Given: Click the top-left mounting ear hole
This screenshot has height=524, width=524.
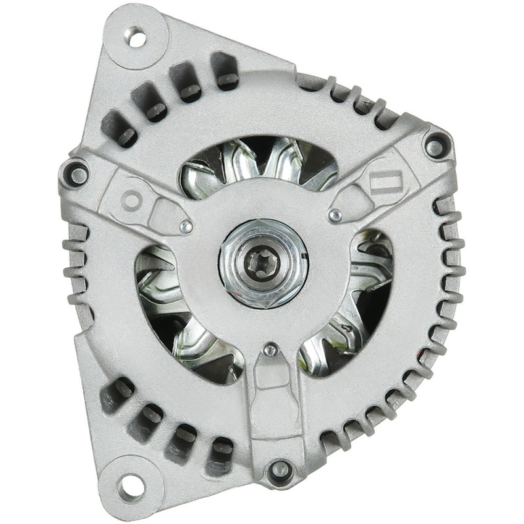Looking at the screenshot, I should pos(137,37).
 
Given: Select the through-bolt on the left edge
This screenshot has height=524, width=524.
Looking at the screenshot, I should pos(77,174).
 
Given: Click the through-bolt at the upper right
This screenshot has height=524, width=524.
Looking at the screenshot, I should pos(435,146).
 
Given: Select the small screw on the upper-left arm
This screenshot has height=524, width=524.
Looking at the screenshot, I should pos(187,227).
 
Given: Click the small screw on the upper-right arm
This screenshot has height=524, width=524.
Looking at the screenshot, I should pos(335,215).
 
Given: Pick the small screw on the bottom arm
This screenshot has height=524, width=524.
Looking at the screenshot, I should pos(269,350).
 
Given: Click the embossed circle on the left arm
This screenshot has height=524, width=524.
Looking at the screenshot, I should pos(131,199).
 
